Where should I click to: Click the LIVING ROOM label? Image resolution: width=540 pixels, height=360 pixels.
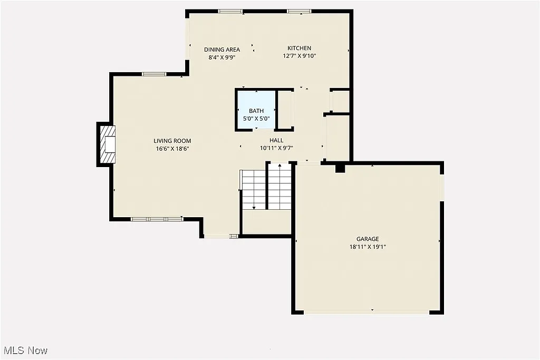coord(172,141)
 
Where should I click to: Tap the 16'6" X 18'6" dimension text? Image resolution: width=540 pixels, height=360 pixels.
coord(172,149)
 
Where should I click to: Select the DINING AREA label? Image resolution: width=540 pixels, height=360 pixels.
coord(222,50)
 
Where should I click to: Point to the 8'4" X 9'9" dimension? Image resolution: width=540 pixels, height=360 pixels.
coord(222,57)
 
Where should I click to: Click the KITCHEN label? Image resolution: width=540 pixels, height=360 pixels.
coord(299,48)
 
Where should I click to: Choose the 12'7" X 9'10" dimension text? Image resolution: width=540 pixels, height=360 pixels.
coord(299,56)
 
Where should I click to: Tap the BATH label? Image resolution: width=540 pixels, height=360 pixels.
coord(256,111)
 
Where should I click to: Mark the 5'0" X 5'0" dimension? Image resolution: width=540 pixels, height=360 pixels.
coord(256,119)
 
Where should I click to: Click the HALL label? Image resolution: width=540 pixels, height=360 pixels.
coord(276,140)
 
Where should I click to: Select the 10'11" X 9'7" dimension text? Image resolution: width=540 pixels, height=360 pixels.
coord(276,148)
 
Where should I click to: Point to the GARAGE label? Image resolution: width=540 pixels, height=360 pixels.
coord(368,239)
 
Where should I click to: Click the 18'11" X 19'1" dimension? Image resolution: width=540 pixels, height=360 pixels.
coord(368,247)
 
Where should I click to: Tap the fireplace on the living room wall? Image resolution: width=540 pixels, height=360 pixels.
coord(106,144)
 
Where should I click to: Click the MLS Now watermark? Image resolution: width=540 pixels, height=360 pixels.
coord(26,351)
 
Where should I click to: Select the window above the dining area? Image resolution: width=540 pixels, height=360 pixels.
coord(230,11)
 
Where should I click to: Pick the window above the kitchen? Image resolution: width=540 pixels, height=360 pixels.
coord(299,11)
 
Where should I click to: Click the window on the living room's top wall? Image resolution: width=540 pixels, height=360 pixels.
coord(154,74)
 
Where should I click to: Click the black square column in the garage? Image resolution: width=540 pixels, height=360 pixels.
coord(340,168)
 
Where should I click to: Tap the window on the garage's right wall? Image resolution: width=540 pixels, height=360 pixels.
coord(442,188)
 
